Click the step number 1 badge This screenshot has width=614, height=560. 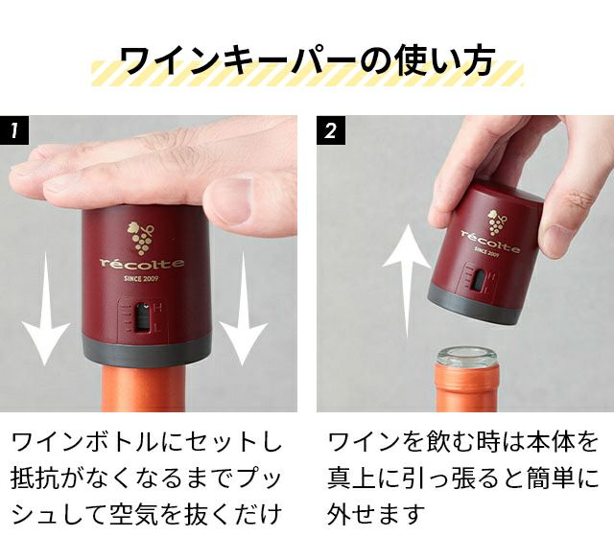tap(14, 129)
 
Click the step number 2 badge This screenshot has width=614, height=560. tap(331, 129)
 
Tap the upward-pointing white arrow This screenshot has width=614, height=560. tap(407, 281)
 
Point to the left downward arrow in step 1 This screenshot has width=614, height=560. tap(46, 309)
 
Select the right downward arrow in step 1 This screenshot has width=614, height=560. tap(243, 309)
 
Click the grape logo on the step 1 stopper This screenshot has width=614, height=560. tap(141, 238)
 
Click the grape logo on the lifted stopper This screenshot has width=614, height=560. tap(497, 222)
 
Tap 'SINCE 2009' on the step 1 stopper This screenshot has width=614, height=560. tap(141, 279)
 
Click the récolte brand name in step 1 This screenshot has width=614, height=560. tap(142, 264)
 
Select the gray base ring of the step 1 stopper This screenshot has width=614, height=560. tap(147, 350)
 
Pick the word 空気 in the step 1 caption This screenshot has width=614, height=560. tap(134, 513)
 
